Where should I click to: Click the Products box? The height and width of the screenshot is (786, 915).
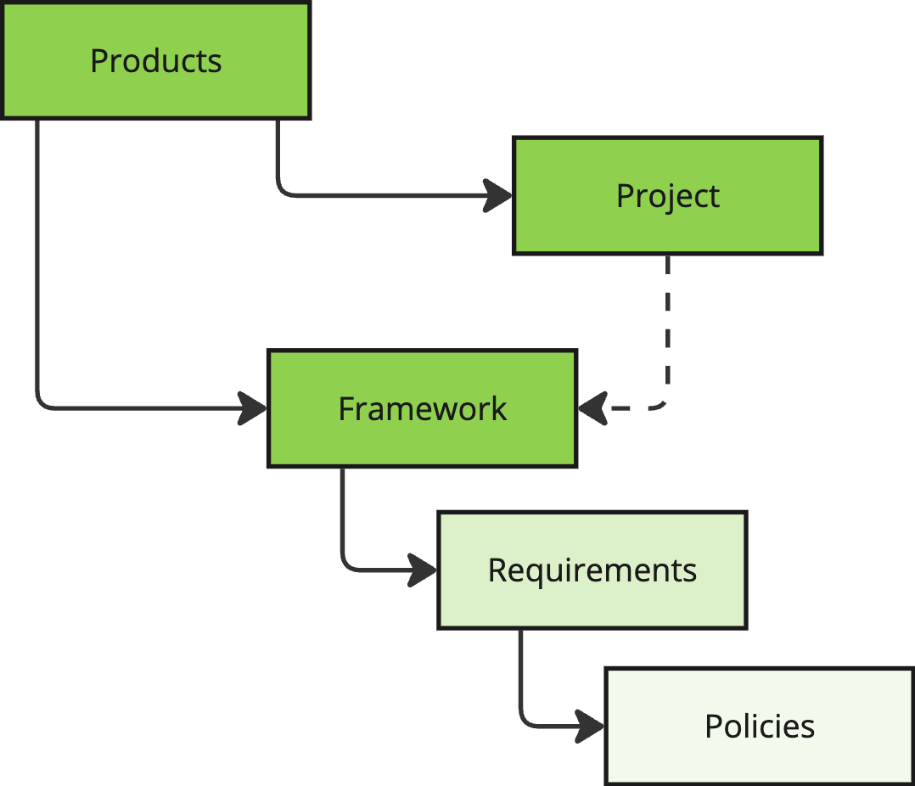pyautogui.click(x=156, y=60)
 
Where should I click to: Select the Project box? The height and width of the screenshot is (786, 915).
pyautogui.click(x=667, y=195)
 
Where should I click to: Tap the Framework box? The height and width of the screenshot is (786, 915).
pyautogui.click(x=423, y=408)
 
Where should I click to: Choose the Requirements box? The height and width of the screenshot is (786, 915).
pyautogui.click(x=592, y=570)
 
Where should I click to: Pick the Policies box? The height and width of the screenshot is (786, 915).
pyautogui.click(x=760, y=726)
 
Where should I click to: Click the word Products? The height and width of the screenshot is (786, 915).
pyautogui.click(x=156, y=60)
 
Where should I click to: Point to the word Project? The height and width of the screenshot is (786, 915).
pyautogui.click(x=667, y=196)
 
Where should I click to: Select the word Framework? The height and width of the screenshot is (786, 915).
pyautogui.click(x=423, y=408)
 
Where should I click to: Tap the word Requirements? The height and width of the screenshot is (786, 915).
pyautogui.click(x=592, y=570)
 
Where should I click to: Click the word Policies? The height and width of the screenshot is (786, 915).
pyautogui.click(x=760, y=727)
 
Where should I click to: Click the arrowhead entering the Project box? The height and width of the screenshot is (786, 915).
pyautogui.click(x=497, y=195)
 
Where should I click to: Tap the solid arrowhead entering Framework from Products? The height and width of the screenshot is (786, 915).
pyautogui.click(x=253, y=408)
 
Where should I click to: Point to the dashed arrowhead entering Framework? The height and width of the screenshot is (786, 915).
pyautogui.click(x=592, y=408)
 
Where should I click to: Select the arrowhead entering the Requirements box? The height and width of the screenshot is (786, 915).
pyautogui.click(x=423, y=570)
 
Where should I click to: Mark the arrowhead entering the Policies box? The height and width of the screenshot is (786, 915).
pyautogui.click(x=590, y=726)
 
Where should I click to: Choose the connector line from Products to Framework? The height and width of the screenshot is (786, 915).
pyautogui.click(x=37, y=327)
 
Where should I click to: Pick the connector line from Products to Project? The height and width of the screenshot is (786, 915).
pyautogui.click(x=327, y=195)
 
